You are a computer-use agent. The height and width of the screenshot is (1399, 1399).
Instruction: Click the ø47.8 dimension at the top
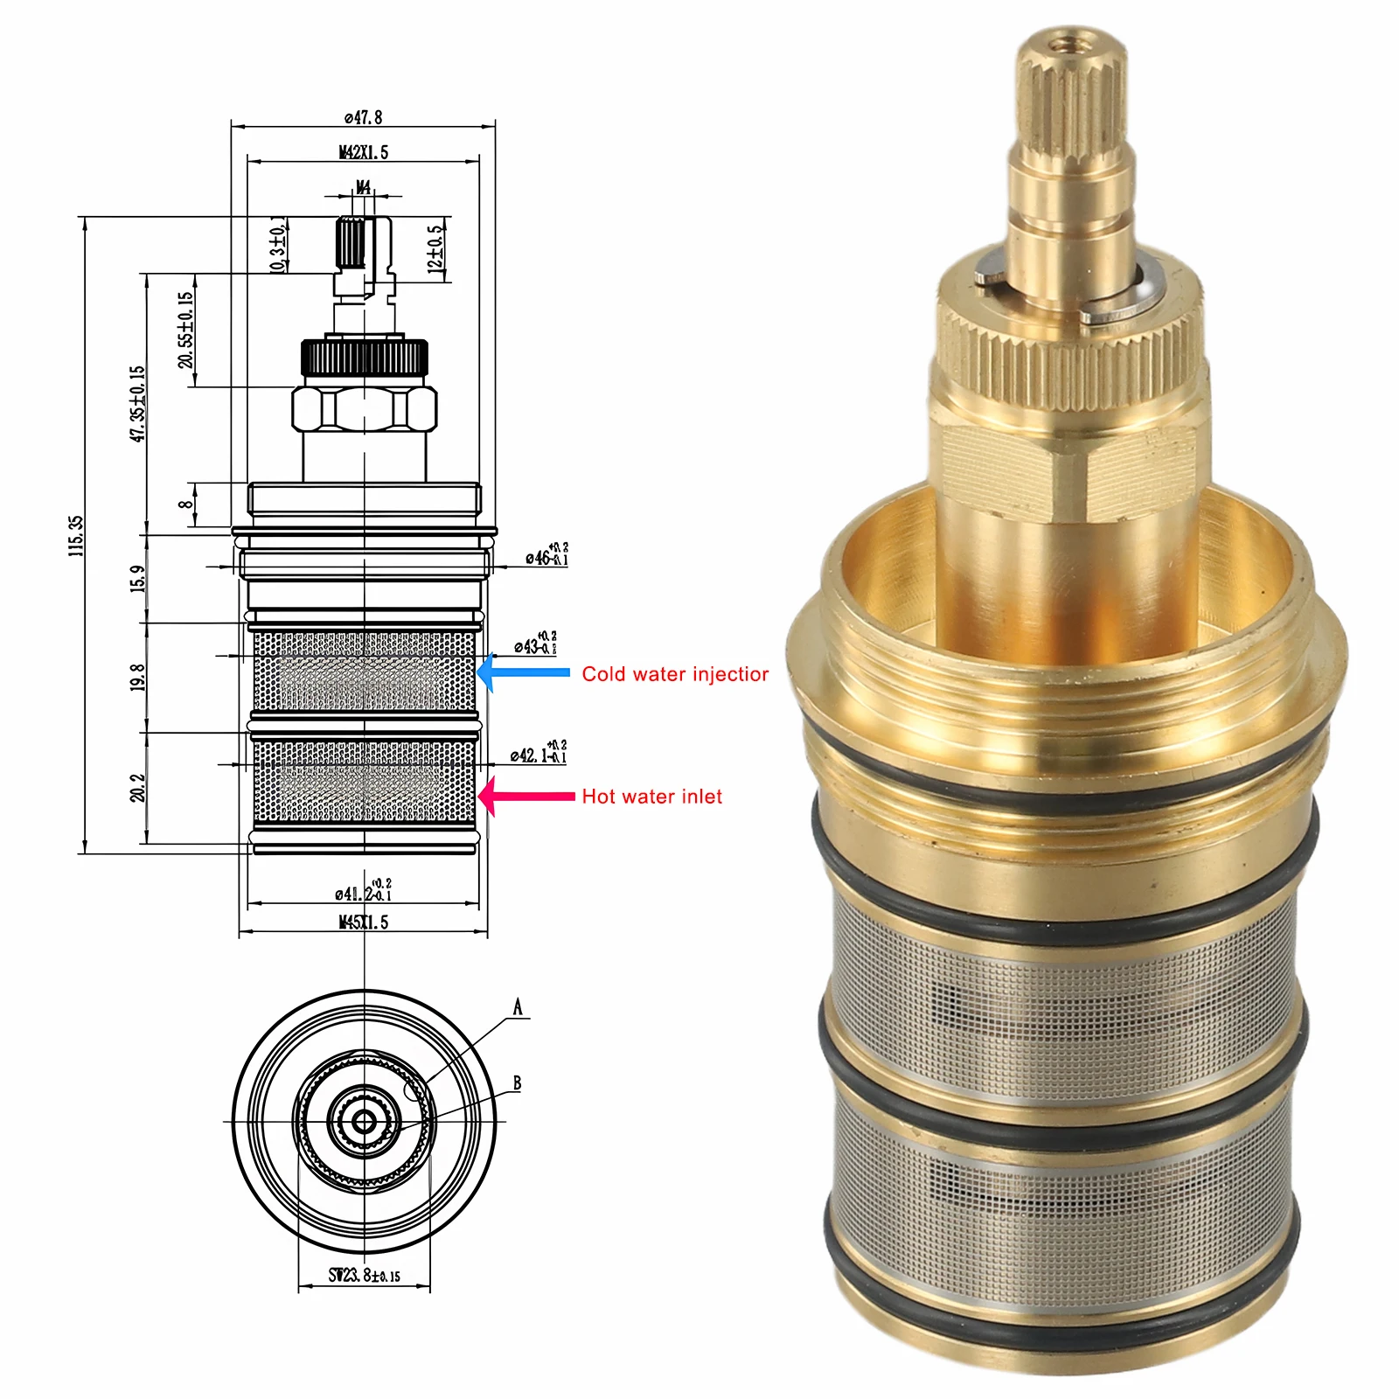pyautogui.click(x=363, y=117)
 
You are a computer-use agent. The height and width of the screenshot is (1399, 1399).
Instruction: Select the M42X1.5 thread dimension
pyautogui.click(x=363, y=152)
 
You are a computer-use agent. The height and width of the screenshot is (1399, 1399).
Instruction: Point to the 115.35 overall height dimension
pyautogui.click(x=77, y=535)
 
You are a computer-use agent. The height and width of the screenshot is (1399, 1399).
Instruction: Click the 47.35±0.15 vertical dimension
pyautogui.click(x=138, y=404)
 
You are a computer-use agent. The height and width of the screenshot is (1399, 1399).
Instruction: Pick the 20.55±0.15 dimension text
pyautogui.click(x=185, y=331)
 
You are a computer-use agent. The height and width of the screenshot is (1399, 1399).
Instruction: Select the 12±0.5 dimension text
pyautogui.click(x=435, y=249)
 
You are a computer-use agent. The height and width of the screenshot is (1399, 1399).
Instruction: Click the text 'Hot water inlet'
pyautogui.click(x=652, y=797)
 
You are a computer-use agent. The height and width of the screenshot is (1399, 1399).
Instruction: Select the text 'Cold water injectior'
pyautogui.click(x=675, y=674)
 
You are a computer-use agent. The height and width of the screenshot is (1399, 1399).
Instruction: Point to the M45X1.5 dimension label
pyautogui.click(x=363, y=922)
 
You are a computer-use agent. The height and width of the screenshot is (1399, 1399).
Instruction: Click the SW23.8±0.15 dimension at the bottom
pyautogui.click(x=364, y=1276)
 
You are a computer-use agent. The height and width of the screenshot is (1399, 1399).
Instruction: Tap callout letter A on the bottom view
pyautogui.click(x=518, y=1007)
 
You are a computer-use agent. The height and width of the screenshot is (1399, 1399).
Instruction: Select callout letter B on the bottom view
pyautogui.click(x=517, y=1083)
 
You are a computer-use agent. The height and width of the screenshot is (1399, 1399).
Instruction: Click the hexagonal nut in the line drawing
pyautogui.click(x=364, y=409)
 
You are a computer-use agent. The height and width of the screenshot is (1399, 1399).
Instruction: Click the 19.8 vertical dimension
pyautogui.click(x=138, y=677)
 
